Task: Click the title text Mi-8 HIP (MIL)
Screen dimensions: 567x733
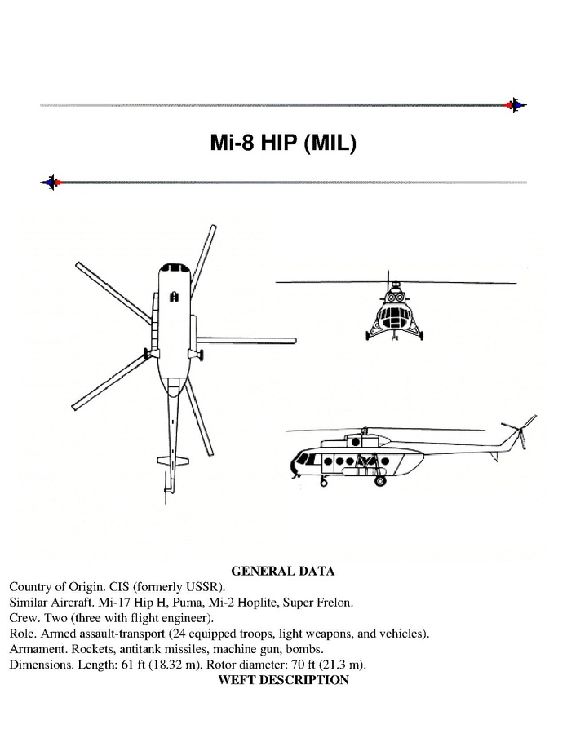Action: pos(283,143)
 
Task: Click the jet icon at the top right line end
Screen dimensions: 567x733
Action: pos(516,105)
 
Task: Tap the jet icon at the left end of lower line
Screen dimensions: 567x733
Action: pos(51,183)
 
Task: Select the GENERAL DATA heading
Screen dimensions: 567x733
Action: pos(283,572)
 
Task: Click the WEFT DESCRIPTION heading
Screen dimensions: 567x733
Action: pos(284,680)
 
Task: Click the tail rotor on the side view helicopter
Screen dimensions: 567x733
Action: pos(520,431)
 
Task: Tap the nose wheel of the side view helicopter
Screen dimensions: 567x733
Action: pos(323,480)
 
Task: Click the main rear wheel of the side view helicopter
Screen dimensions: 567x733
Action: pos(380,480)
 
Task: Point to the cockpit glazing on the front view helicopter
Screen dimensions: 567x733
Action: pos(394,317)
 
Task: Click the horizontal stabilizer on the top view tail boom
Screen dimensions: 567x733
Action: pos(173,461)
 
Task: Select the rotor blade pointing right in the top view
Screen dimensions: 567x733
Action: pos(246,340)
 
